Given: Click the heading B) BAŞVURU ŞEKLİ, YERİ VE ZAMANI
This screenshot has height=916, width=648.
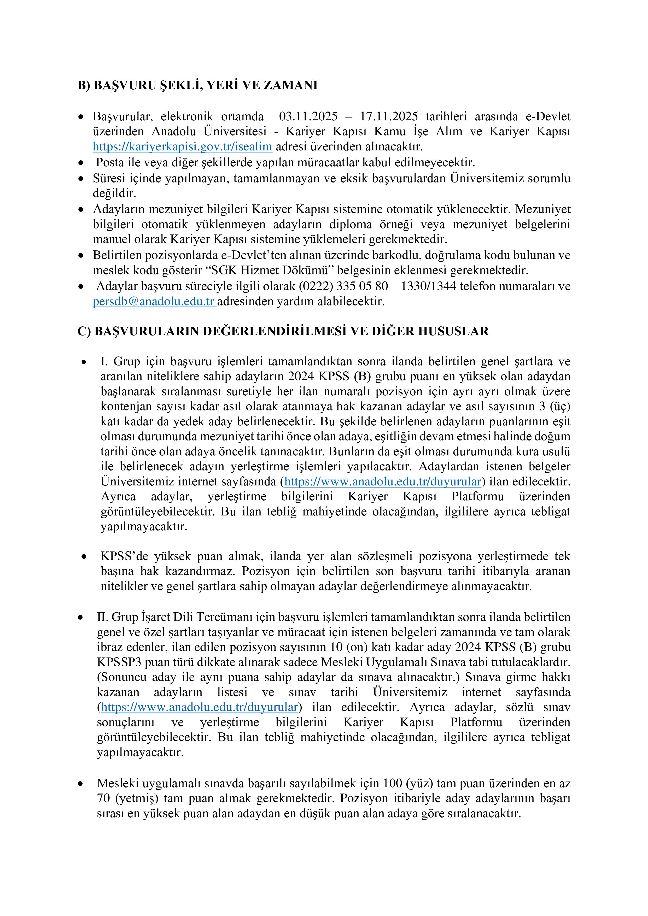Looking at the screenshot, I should [x=197, y=85].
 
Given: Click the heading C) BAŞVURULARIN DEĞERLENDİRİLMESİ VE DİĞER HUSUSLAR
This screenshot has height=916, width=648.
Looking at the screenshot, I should [x=283, y=331].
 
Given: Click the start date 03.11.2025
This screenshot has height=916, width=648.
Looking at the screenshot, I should [x=308, y=116].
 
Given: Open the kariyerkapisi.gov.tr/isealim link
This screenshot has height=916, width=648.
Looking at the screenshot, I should [x=182, y=146].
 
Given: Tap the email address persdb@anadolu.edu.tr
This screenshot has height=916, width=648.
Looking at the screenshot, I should [x=154, y=301].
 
